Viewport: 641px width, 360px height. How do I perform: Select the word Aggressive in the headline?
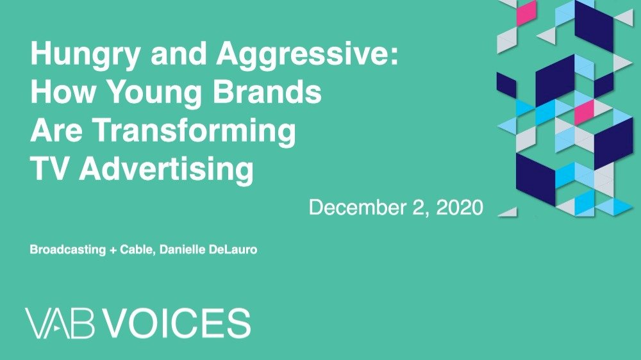(x=307, y=55)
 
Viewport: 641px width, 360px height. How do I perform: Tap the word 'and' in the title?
(x=178, y=53)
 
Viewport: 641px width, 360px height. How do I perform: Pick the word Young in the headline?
(x=154, y=93)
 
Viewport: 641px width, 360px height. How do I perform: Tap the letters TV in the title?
(x=49, y=168)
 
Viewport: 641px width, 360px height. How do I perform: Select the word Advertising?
(x=167, y=170)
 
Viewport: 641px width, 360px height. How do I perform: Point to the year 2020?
(x=460, y=207)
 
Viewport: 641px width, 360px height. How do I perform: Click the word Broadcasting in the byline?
(x=68, y=250)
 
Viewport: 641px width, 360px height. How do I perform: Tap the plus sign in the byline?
(x=113, y=250)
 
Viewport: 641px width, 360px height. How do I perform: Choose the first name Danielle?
(x=182, y=249)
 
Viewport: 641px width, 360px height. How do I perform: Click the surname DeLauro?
(x=233, y=249)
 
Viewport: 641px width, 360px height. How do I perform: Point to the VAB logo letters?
(x=60, y=323)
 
